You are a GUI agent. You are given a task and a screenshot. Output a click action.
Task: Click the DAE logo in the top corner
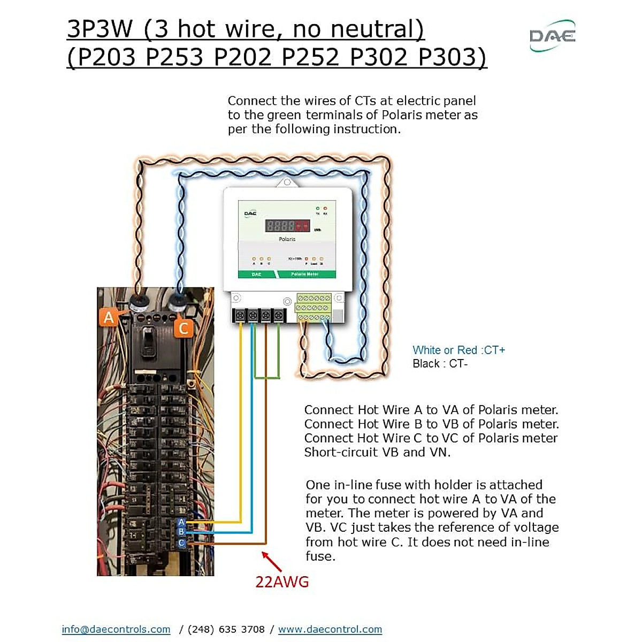point(552,36)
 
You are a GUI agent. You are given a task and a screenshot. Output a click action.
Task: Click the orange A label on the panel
point(109,317)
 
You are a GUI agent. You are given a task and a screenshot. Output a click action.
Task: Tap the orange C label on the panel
point(184,327)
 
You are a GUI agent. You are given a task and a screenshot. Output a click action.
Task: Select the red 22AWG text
point(282,582)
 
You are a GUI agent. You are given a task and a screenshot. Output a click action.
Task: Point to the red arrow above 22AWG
point(272,561)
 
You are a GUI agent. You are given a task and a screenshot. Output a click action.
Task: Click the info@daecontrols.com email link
point(116,629)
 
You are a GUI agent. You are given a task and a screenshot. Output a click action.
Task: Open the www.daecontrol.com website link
point(330,629)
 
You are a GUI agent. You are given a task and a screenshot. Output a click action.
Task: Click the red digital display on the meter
point(287,225)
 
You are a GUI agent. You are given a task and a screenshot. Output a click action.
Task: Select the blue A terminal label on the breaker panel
point(181,522)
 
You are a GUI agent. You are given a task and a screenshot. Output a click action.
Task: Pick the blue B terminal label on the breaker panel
point(181,532)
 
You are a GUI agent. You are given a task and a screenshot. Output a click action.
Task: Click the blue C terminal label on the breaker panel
point(181,543)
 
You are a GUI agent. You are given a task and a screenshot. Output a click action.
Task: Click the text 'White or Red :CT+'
point(458,350)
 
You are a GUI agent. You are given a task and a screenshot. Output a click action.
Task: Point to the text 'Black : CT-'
point(440,364)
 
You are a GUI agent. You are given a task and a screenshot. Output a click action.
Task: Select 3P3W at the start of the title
point(100,29)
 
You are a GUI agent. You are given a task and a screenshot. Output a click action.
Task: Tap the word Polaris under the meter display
point(287,239)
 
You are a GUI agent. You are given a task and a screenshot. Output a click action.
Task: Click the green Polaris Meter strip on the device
point(304,274)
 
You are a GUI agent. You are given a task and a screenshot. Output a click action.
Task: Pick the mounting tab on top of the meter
point(287,182)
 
